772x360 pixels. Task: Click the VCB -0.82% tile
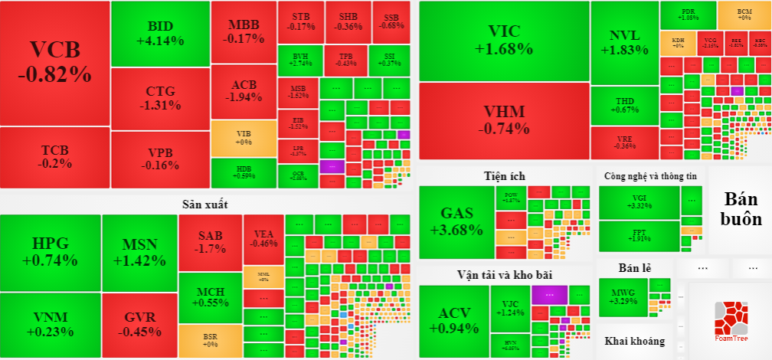click(54, 63)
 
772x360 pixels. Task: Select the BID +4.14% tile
click(160, 33)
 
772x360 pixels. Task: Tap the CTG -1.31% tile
click(160, 98)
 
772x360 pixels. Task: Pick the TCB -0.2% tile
click(56, 156)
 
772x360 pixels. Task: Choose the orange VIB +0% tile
click(243, 138)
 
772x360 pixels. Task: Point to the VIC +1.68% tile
click(503, 41)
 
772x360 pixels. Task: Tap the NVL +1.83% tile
click(624, 42)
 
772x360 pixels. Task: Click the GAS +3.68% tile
click(456, 221)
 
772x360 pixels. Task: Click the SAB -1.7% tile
click(210, 241)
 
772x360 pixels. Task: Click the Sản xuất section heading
click(204, 204)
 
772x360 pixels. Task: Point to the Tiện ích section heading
click(505, 176)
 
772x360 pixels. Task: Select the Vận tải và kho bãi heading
click(505, 274)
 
